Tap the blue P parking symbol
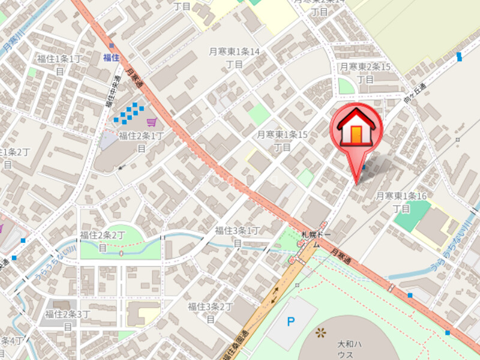click(291, 322)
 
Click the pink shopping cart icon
click(151, 122)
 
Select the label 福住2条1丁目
click(142, 142)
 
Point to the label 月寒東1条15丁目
click(282, 140)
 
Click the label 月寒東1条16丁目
click(401, 202)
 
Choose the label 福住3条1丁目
click(238, 236)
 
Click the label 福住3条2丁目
click(211, 312)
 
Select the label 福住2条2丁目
click(103, 241)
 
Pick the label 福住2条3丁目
click(67, 320)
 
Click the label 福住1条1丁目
click(59, 64)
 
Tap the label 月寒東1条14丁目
click(234, 58)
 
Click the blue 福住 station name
click(111, 58)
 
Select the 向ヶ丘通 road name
click(414, 91)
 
